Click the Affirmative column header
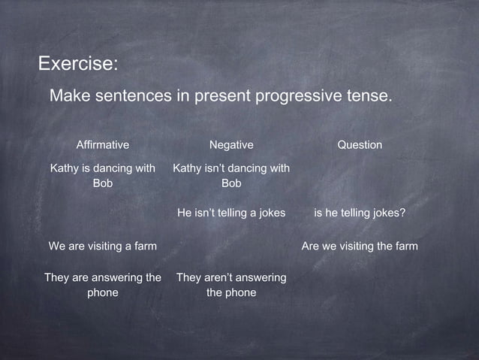click(103, 144)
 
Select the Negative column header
click(231, 144)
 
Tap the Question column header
click(360, 144)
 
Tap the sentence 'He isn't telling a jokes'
click(231, 213)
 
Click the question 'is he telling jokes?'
click(360, 213)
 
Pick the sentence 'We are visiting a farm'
click(103, 247)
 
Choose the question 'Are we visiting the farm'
click(360, 247)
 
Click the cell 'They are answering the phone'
click(103, 286)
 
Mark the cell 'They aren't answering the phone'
click(231, 286)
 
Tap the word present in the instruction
click(218, 98)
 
